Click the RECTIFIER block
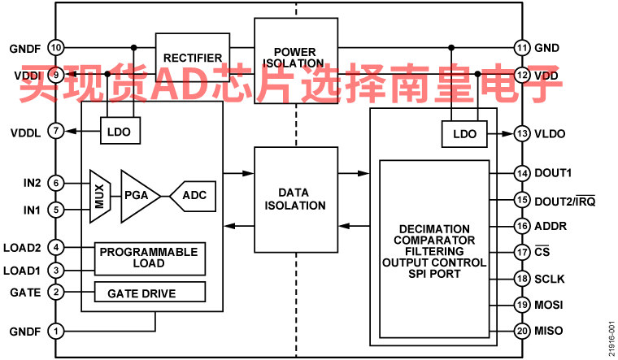click(192, 58)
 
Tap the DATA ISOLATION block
click(295, 198)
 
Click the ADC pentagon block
click(193, 195)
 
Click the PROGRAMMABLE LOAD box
click(149, 258)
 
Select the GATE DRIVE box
click(149, 292)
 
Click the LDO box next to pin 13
click(464, 133)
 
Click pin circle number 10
click(55, 47)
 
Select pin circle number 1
click(55, 331)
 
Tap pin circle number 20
click(521, 331)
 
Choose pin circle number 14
click(521, 173)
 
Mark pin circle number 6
click(55, 183)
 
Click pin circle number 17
click(521, 252)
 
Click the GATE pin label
click(25, 292)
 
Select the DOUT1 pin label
click(553, 173)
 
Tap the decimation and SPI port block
click(434, 249)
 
